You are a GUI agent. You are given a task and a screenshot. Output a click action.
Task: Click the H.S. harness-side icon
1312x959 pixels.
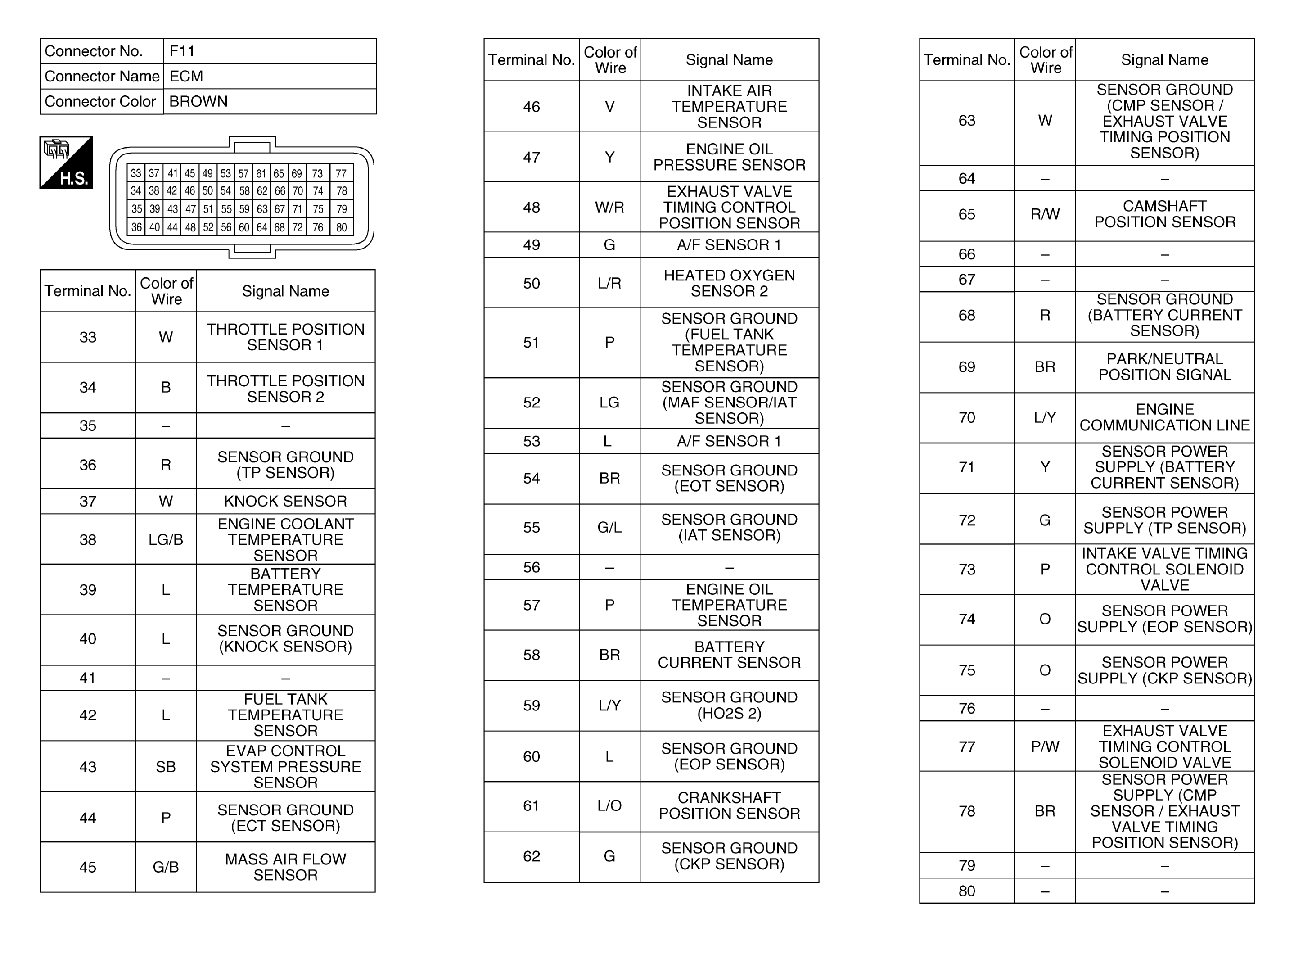tap(66, 162)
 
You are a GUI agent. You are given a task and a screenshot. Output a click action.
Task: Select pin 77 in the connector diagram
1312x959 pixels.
tap(341, 173)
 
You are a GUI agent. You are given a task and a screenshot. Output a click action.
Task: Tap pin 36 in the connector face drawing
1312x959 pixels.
tap(136, 227)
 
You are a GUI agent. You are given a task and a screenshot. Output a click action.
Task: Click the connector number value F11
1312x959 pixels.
tap(182, 51)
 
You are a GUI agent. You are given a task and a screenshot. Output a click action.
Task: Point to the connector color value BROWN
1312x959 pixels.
tap(198, 102)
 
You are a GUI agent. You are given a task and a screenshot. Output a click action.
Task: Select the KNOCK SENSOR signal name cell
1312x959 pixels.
tap(285, 501)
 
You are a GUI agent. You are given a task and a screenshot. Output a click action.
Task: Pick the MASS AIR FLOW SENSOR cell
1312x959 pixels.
tap(285, 867)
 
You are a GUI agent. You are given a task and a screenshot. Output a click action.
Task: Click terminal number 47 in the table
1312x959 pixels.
tap(531, 157)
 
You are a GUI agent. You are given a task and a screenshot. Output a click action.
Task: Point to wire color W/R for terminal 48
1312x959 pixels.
tap(609, 207)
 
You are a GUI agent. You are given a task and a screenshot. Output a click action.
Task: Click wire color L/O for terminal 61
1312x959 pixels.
tap(609, 805)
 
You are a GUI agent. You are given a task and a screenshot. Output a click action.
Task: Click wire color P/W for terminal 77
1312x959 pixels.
tap(1045, 746)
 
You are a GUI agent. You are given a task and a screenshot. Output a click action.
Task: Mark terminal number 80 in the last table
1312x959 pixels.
tap(967, 891)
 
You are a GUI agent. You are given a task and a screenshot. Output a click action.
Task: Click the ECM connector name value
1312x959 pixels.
tap(186, 76)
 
